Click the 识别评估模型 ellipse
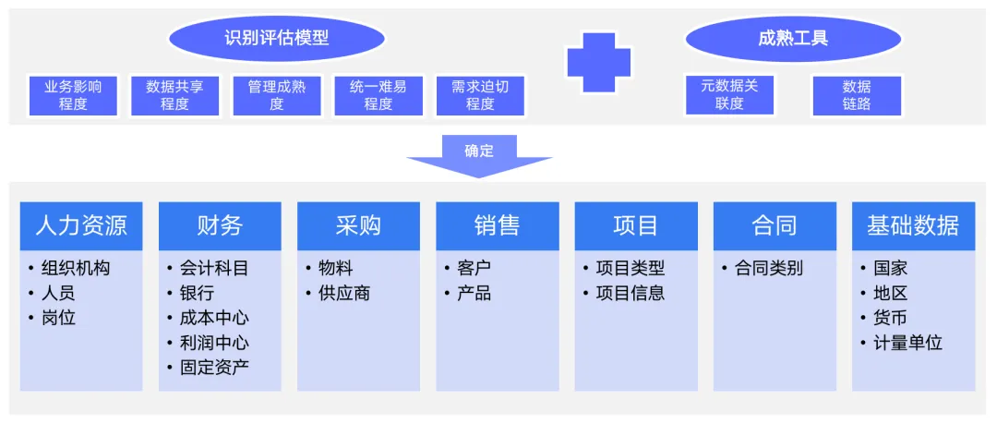(276, 39)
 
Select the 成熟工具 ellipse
(792, 39)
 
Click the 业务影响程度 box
(73, 95)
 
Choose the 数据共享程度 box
(174, 95)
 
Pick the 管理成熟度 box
(276, 95)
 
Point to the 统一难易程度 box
(378, 95)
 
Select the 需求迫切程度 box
(479, 95)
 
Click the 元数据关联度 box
(728, 95)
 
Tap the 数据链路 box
(856, 95)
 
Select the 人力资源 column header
(81, 225)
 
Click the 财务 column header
(220, 225)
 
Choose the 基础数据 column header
(913, 225)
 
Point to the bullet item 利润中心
(213, 343)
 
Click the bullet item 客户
(474, 269)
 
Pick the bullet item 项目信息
(630, 294)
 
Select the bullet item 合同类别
(768, 269)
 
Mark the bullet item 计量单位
(907, 343)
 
